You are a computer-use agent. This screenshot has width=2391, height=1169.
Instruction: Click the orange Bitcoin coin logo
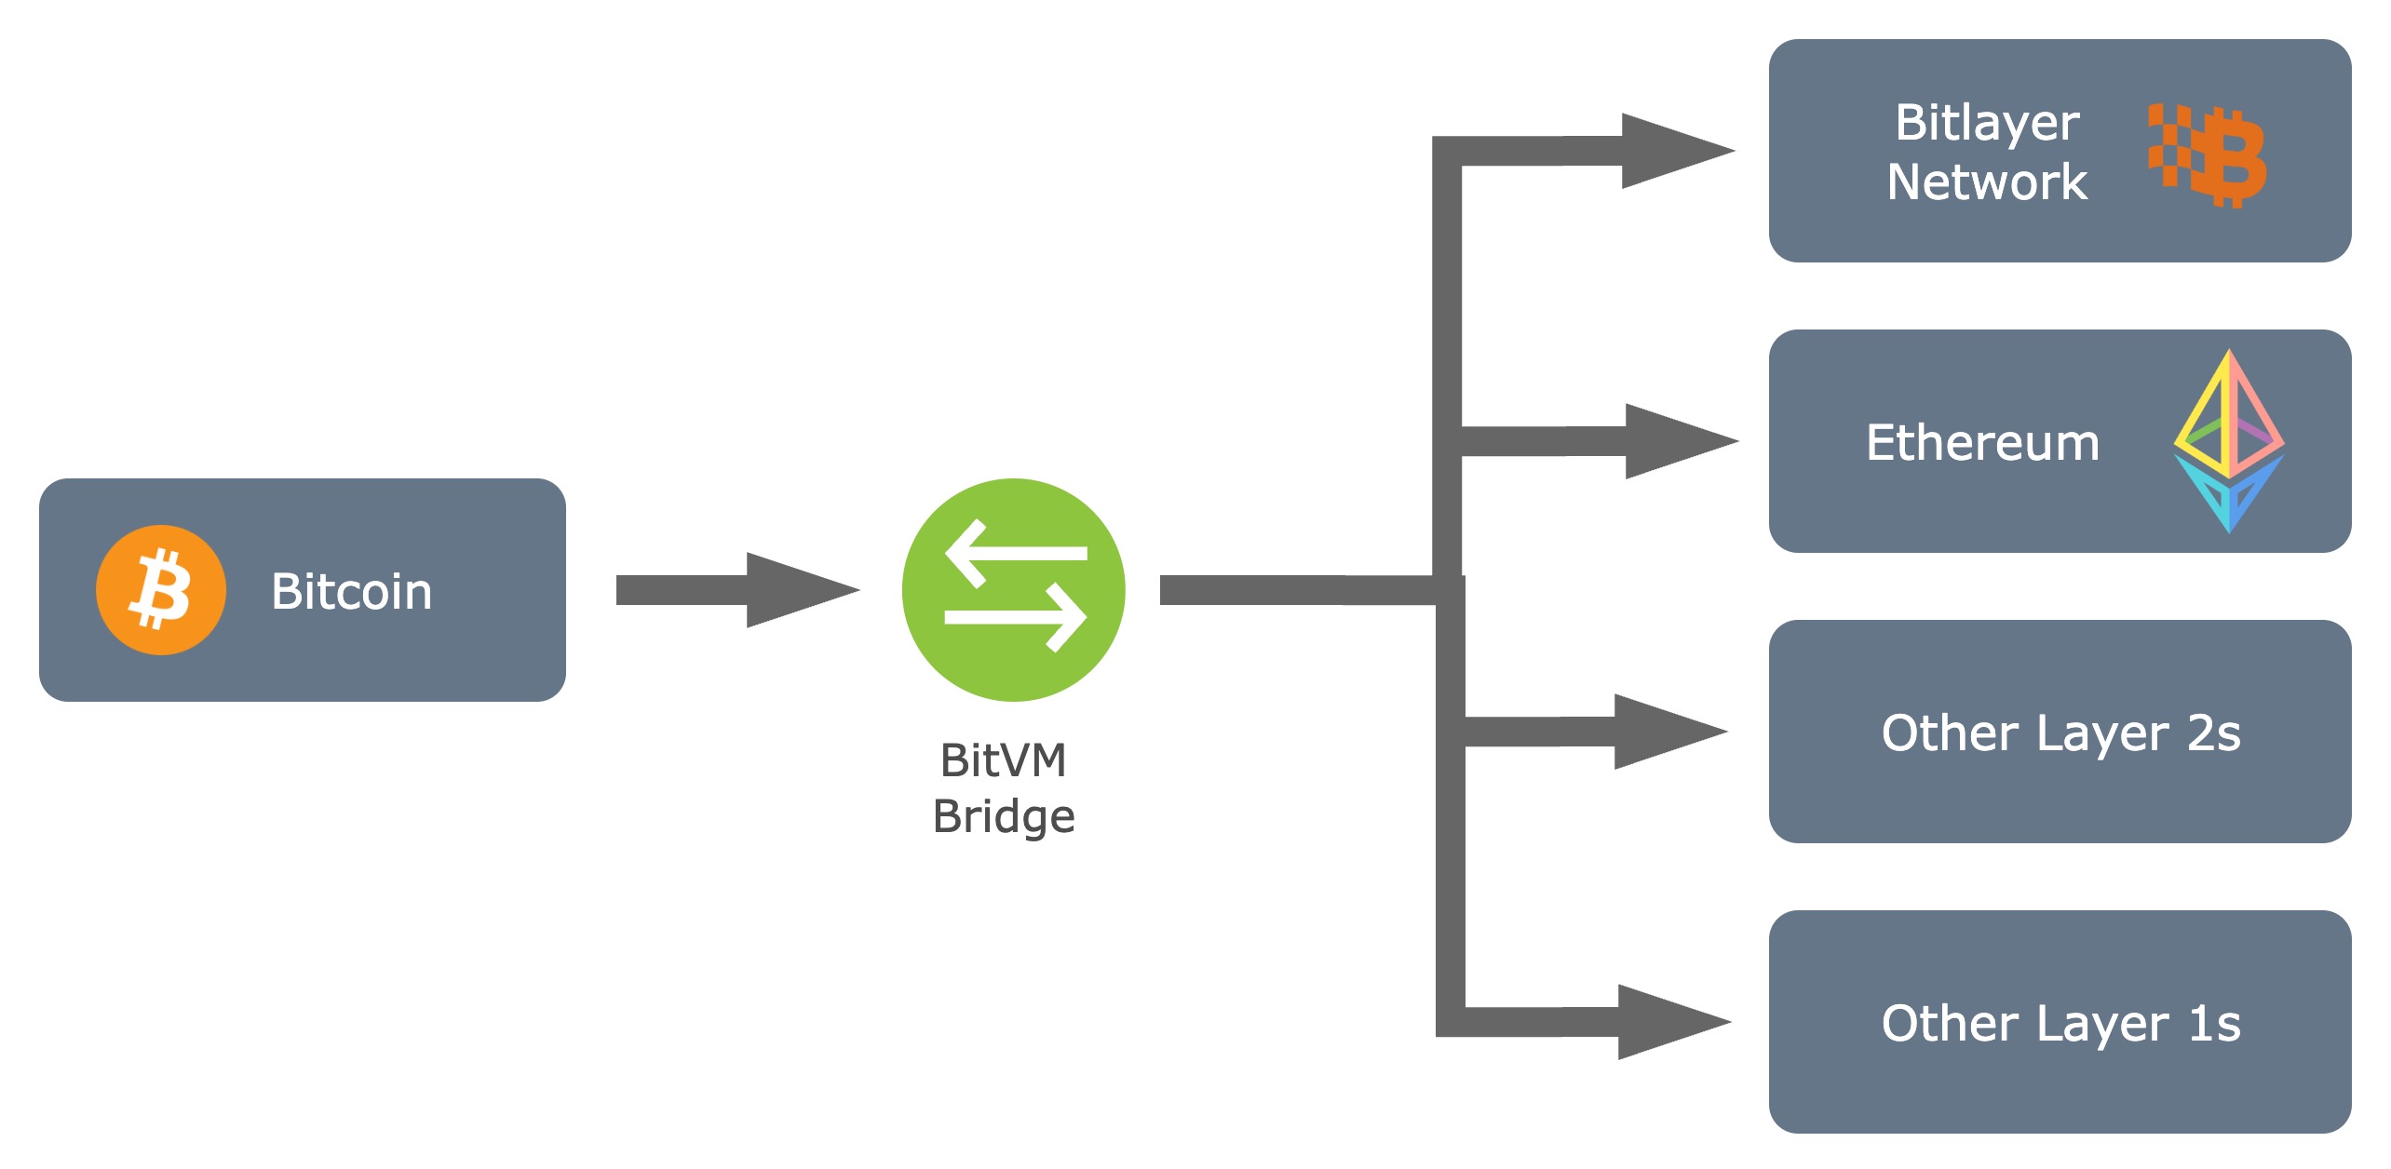(x=160, y=590)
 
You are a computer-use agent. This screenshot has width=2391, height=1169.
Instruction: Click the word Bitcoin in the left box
(x=351, y=591)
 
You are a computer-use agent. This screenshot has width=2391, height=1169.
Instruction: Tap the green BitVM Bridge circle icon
(x=1013, y=589)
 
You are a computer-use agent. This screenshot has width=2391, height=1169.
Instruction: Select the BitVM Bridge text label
(x=1004, y=787)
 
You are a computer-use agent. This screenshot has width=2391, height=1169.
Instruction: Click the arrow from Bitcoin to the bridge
(x=736, y=590)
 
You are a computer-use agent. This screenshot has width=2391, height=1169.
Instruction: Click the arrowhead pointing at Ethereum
(x=1678, y=441)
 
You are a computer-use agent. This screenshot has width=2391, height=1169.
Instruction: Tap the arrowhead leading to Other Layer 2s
(x=1668, y=732)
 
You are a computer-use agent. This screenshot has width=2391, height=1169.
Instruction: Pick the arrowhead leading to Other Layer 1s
(x=1672, y=1022)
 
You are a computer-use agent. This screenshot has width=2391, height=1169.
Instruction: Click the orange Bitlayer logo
(x=2207, y=155)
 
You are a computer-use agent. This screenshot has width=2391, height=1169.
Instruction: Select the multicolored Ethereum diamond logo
(x=2228, y=440)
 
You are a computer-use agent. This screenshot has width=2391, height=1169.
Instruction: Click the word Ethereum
(x=1982, y=442)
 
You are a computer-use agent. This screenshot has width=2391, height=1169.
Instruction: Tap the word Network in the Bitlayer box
(x=1987, y=181)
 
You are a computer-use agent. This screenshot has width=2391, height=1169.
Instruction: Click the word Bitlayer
(x=1987, y=123)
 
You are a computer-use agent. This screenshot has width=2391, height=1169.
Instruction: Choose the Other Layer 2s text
(x=2060, y=732)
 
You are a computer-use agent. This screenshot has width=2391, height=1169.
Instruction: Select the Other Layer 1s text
(x=2060, y=1023)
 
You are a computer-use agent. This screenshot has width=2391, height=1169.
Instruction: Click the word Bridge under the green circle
(x=1004, y=816)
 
